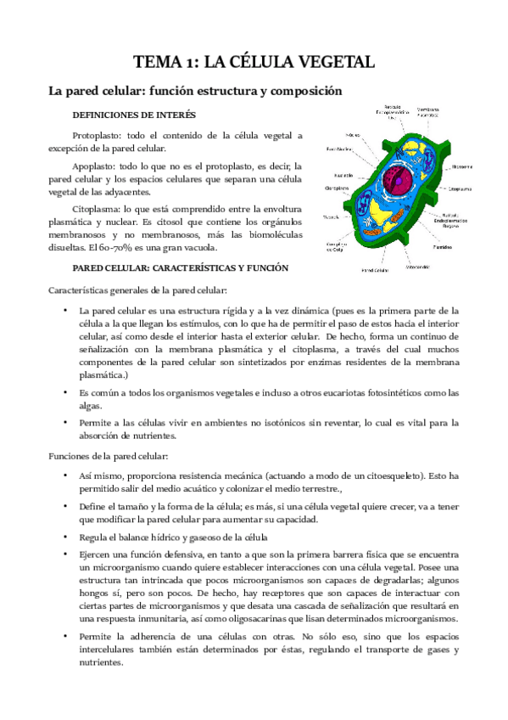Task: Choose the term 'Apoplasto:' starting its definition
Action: point(96,166)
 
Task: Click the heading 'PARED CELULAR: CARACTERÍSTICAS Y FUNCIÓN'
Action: point(181,267)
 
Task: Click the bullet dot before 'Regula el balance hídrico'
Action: point(65,537)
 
